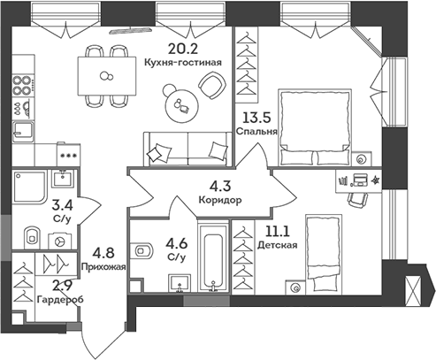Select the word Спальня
[257, 131]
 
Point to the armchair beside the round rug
[213, 85]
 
